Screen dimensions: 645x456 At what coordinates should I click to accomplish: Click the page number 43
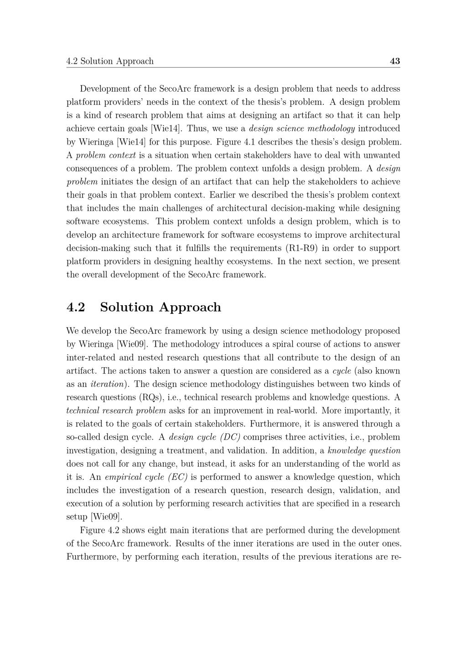tap(395, 61)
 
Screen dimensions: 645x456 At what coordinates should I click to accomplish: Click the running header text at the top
tap(110, 61)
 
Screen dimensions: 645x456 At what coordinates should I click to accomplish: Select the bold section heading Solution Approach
tap(161, 307)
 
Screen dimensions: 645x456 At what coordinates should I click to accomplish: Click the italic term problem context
tap(106, 155)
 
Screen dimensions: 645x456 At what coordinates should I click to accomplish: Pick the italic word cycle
tap(342, 370)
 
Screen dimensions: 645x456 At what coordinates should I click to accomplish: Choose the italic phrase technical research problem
tap(116, 410)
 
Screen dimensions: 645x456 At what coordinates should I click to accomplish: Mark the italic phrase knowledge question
tap(364, 450)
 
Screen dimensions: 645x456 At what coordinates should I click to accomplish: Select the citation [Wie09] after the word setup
tap(106, 517)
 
